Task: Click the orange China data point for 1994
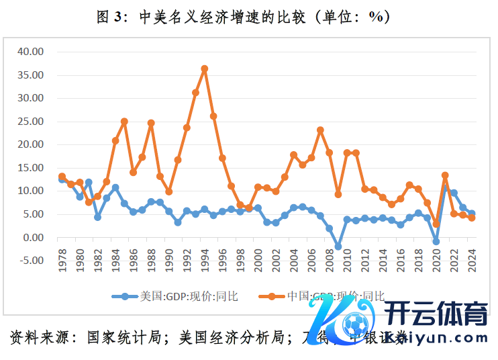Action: click(x=205, y=69)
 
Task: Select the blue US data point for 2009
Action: click(x=338, y=246)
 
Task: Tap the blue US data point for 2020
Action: click(x=436, y=241)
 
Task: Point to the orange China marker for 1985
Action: click(x=124, y=122)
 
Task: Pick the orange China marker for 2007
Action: click(x=320, y=130)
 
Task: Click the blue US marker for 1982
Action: click(x=97, y=217)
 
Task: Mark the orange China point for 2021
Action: click(x=445, y=175)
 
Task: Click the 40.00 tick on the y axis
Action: click(x=30, y=51)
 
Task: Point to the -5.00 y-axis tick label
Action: click(x=30, y=261)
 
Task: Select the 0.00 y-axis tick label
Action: click(x=32, y=237)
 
